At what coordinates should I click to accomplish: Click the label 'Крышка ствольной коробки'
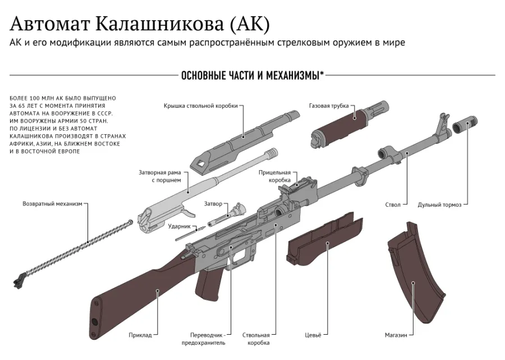click(200, 106)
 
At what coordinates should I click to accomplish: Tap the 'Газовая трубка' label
click(329, 106)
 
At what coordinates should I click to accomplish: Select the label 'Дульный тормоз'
click(439, 204)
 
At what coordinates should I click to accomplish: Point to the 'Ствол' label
click(393, 204)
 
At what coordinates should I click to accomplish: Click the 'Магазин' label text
click(396, 335)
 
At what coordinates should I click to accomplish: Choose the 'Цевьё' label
click(313, 335)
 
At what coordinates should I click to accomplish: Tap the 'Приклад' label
click(140, 335)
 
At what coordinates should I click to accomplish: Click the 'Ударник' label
click(180, 226)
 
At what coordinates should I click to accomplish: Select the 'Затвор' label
click(213, 204)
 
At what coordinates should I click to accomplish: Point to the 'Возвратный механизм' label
click(53, 204)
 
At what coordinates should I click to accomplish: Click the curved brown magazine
click(416, 273)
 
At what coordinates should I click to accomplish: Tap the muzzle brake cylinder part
click(465, 125)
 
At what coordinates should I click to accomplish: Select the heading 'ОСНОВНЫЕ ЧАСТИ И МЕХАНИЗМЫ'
click(251, 76)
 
